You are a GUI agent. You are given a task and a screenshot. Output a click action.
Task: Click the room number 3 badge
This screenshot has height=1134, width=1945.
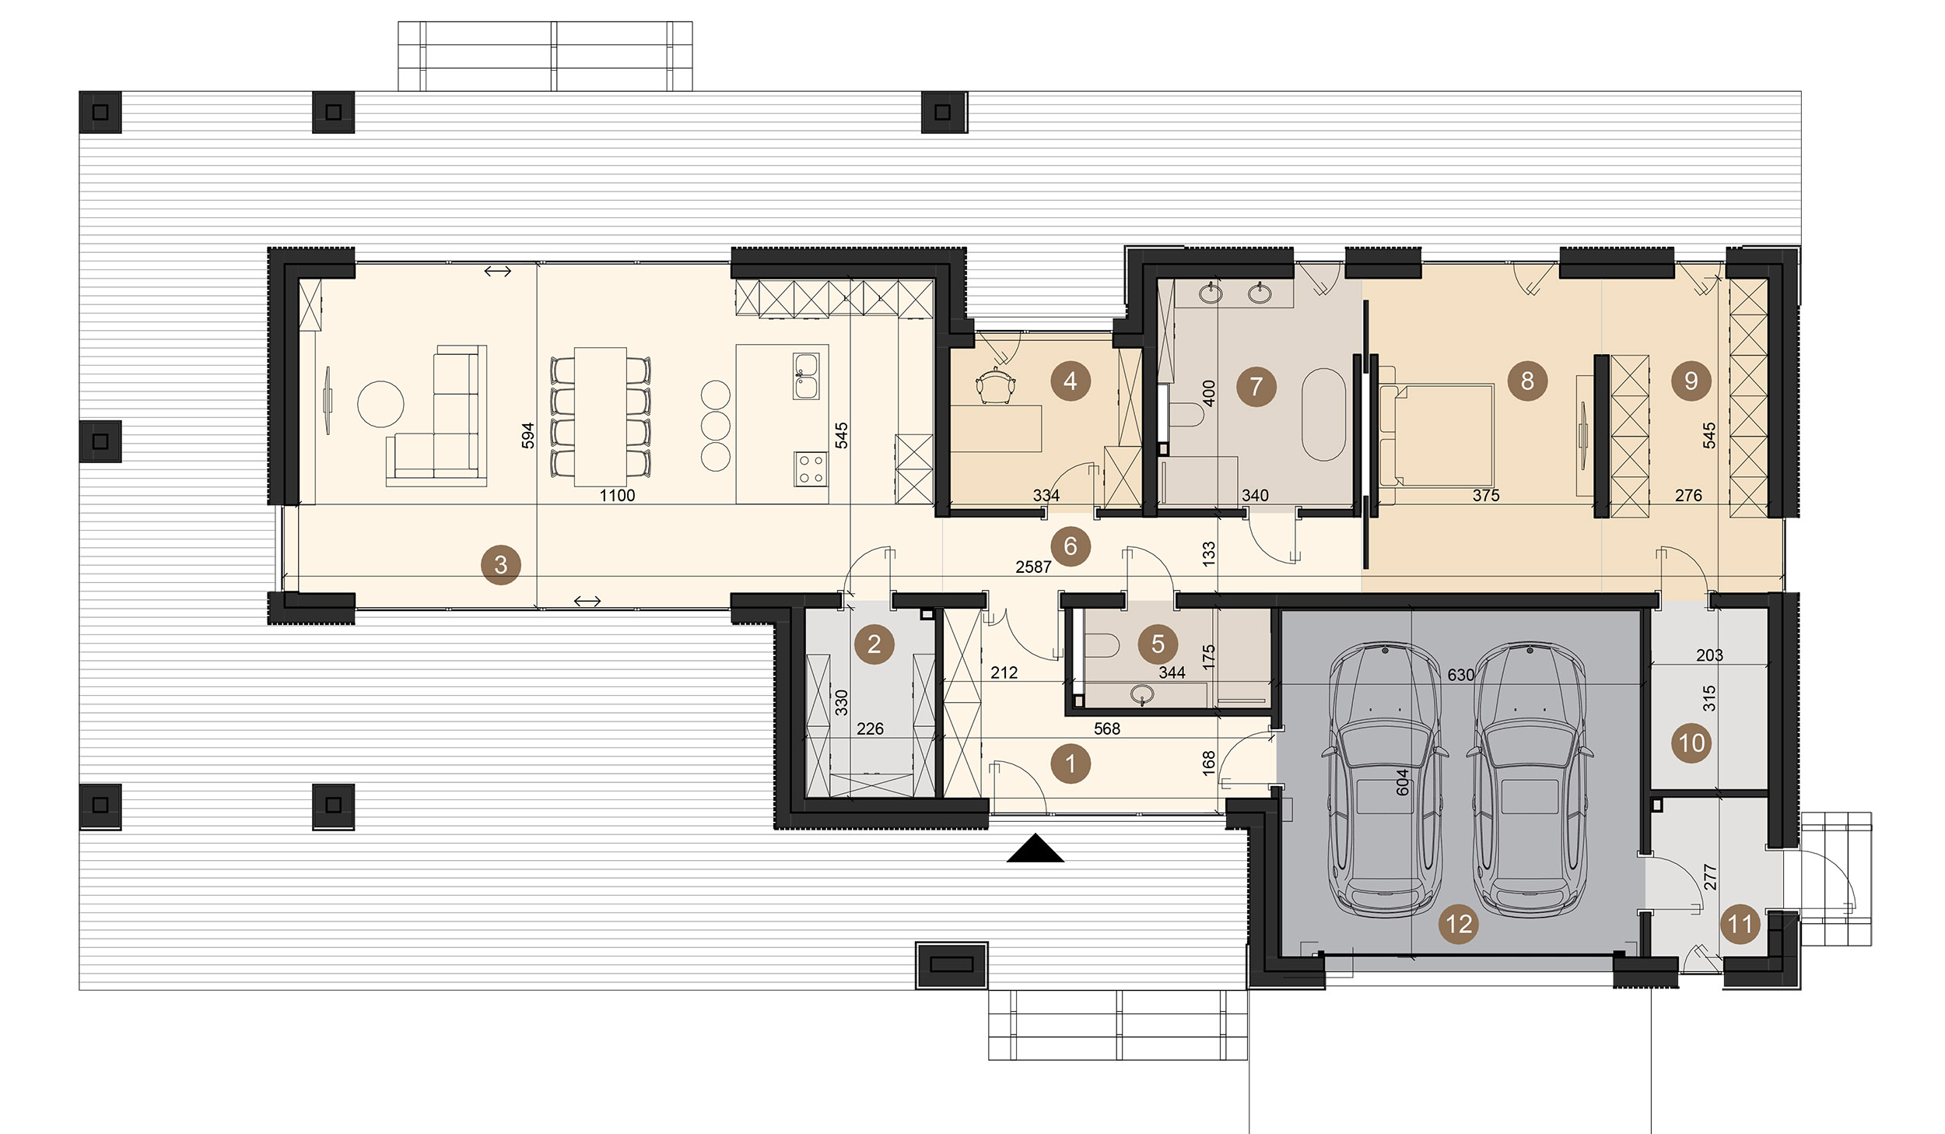coord(501,565)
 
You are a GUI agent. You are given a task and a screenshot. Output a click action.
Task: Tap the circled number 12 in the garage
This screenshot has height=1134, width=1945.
coord(1459,924)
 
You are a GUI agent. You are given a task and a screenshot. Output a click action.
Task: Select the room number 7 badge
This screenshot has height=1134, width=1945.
coord(1256,386)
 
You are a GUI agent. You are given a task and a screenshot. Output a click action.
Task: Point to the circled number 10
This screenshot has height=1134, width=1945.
coord(1691,743)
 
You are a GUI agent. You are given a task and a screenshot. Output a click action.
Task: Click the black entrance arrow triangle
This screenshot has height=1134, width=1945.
coord(1036,848)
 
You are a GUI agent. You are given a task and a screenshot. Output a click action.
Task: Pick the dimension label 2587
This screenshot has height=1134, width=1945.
coord(1033,567)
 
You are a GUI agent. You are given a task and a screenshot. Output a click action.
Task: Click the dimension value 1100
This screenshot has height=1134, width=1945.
coord(617,496)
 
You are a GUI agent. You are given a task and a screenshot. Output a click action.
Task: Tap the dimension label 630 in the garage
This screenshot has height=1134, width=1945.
coord(1460,675)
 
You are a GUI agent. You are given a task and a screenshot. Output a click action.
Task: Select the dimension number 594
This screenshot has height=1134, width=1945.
coord(528,435)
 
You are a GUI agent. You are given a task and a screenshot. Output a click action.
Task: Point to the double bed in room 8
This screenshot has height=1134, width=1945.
coord(1436,434)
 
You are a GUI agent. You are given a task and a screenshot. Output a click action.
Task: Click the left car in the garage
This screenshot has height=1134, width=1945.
coord(1385,778)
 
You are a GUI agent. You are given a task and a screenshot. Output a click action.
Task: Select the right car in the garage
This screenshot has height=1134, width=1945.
coord(1530,778)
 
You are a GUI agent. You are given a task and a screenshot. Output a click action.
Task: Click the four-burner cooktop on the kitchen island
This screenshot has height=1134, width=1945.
coord(811,469)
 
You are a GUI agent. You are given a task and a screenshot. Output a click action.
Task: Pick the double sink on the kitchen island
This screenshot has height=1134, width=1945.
coord(806,376)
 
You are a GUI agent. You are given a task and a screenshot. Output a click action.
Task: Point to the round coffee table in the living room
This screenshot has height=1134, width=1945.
coord(380,404)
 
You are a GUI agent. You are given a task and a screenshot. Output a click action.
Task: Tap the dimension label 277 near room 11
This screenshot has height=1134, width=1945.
coord(1710,876)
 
